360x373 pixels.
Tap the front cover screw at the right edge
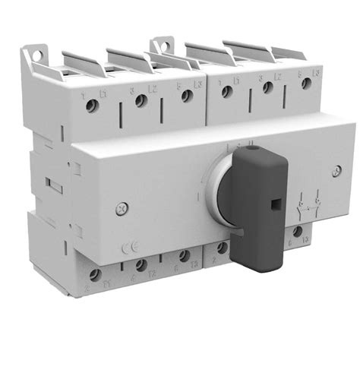coord(336,170)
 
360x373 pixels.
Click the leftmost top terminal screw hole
coord(92,106)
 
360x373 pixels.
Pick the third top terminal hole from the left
coord(186,96)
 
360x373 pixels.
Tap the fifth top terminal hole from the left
coord(267,87)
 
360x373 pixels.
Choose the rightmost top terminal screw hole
coord(306,84)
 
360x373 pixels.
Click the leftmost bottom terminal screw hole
coord(96,274)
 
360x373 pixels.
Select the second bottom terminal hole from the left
coord(141,266)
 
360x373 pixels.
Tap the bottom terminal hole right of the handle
coord(298,232)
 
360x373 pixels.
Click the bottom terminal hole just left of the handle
coord(222,248)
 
